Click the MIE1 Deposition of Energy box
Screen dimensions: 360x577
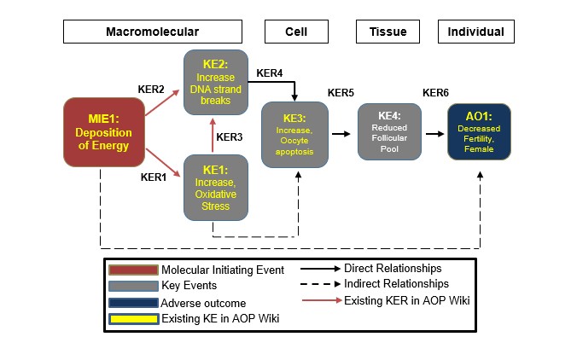[102, 132]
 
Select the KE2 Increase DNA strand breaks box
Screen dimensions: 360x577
[216, 83]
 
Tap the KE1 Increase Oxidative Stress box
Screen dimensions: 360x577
[216, 187]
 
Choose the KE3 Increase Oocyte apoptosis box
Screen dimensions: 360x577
[295, 134]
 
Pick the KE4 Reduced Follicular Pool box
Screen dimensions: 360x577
[390, 132]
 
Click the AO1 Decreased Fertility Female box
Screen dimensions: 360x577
[480, 132]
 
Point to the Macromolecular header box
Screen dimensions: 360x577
[152, 32]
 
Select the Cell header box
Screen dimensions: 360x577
[296, 32]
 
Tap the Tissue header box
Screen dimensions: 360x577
[388, 32]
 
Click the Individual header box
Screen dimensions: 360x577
[476, 32]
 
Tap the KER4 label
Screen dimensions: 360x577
[269, 73]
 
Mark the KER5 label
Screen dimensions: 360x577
[341, 91]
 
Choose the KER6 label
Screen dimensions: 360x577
[435, 91]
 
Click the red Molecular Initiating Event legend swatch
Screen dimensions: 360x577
[133, 270]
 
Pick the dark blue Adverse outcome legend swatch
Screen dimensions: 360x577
[133, 303]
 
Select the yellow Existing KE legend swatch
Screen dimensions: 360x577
[133, 319]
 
